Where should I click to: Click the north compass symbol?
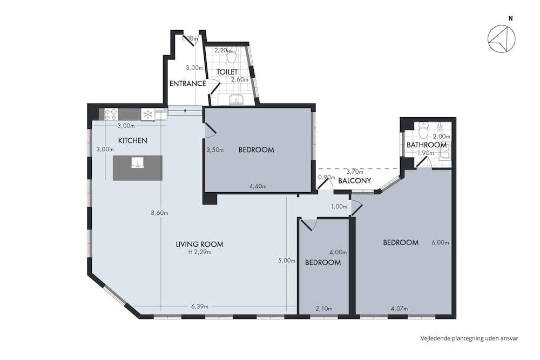[501, 40]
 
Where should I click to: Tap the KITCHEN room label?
[133, 140]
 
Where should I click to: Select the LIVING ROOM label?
[199, 244]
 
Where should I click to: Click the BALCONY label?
[354, 181]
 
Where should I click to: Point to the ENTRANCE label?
[187, 84]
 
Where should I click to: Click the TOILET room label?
[227, 72]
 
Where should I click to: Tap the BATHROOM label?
[427, 145]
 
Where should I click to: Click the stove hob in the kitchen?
[111, 114]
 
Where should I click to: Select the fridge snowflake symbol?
[147, 114]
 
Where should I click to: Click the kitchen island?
[137, 168]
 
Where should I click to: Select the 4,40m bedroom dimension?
[258, 187]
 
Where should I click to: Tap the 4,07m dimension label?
[399, 309]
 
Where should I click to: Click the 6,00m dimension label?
[441, 242]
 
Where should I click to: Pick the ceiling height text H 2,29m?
[199, 252]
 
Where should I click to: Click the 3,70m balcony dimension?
[354, 172]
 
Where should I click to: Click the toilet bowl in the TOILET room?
[232, 56]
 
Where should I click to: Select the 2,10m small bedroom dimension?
[323, 309]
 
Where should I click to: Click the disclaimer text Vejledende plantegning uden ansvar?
[469, 338]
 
